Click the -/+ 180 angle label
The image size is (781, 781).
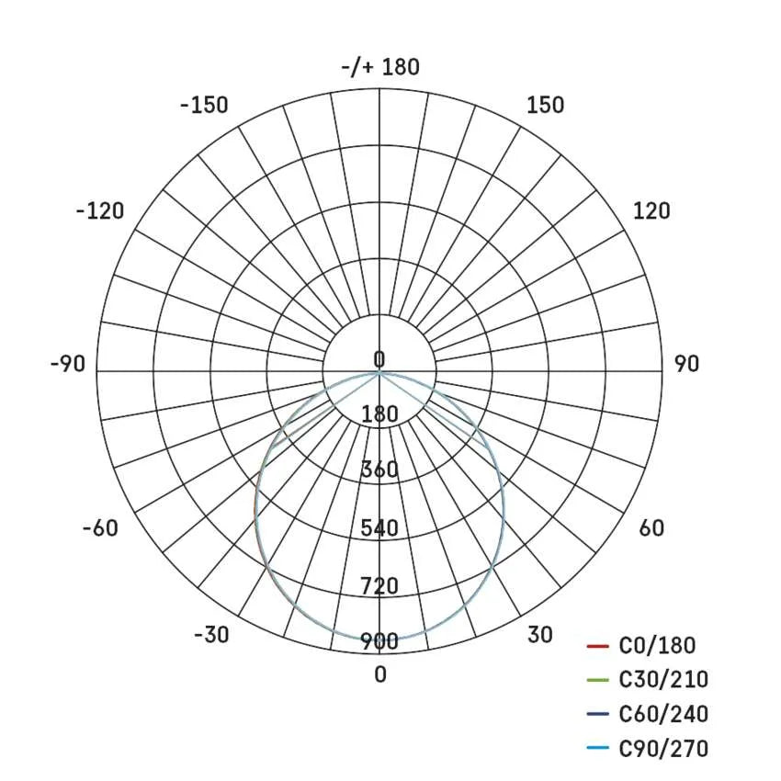[x=379, y=68]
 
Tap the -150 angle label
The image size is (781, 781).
[x=204, y=106]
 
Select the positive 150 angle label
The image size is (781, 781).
[x=546, y=106]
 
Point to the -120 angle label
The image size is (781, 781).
[x=99, y=211]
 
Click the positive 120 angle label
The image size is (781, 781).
[x=651, y=211]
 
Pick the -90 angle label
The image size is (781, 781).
[x=67, y=364]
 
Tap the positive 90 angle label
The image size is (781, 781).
[x=686, y=364]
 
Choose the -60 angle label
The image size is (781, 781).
[x=99, y=528]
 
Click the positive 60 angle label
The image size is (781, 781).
[x=651, y=528]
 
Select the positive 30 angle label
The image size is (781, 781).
[x=540, y=635]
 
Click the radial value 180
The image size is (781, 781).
[x=379, y=414]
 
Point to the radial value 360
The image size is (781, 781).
[x=379, y=471]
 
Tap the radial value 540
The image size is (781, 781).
[x=379, y=528]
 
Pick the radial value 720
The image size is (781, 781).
[x=379, y=585]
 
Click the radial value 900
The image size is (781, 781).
[x=379, y=642]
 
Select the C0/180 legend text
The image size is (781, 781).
[x=658, y=646]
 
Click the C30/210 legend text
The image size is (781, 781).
[x=663, y=680]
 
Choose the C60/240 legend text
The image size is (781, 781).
[x=663, y=714]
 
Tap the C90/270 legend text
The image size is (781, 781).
[x=663, y=749]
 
